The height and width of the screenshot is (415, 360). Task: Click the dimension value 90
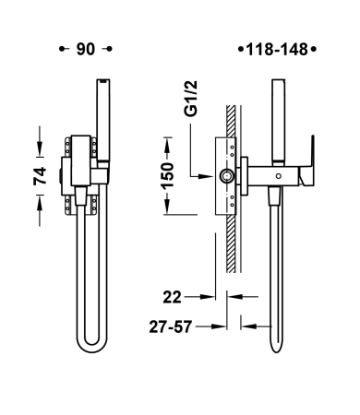coord(86,49)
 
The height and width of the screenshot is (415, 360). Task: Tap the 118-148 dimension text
coord(277,50)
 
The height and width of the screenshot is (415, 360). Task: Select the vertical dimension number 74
coord(40,175)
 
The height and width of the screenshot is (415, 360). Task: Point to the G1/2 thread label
coord(191,99)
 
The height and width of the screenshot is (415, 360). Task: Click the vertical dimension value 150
coord(168,175)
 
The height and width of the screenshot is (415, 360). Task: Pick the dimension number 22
coord(172,297)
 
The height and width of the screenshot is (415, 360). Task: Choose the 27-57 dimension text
coord(171,326)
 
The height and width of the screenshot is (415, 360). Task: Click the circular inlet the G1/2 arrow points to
coord(226,176)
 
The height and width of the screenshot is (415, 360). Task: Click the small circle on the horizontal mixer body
coord(279,176)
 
